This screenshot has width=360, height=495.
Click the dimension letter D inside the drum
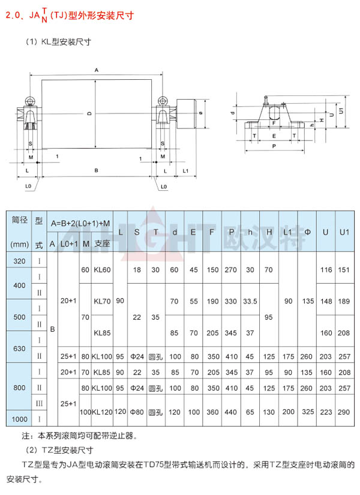[88, 113]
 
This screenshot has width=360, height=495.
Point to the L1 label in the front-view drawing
[186, 172]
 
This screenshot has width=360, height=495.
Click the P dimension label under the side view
[274, 146]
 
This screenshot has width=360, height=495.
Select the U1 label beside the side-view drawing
[341, 111]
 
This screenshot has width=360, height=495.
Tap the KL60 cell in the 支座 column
[103, 270]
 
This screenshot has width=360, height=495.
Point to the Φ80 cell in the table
[138, 412]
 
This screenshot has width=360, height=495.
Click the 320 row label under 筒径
[20, 261]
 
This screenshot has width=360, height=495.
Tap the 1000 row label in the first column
[20, 418]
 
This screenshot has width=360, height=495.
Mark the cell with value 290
[344, 412]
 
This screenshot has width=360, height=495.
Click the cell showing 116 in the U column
[326, 270]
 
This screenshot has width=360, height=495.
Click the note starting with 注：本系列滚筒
[79, 436]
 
